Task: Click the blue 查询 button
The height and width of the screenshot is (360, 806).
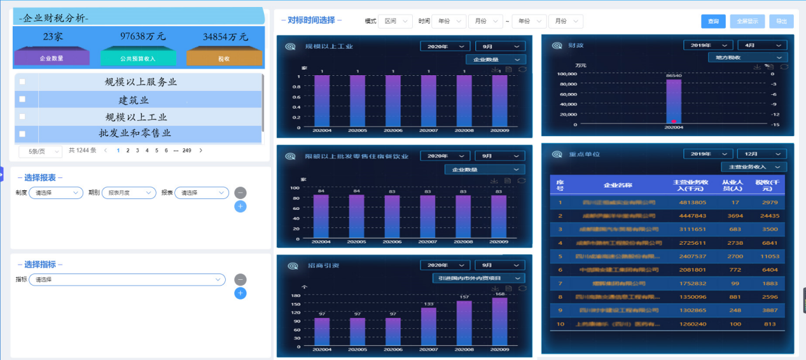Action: coord(713,21)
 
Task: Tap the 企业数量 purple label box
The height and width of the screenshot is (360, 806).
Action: coord(52,58)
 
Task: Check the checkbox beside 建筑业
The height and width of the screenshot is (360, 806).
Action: coord(22,99)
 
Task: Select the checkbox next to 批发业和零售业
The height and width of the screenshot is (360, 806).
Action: coord(22,134)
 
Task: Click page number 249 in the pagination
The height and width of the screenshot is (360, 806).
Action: coord(186,151)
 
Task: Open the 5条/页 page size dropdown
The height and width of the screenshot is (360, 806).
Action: coord(40,151)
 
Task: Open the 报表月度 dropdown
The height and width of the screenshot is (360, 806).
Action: coord(129,193)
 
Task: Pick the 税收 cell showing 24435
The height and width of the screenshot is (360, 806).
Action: coord(769,216)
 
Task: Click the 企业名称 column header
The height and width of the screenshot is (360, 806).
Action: coord(619,184)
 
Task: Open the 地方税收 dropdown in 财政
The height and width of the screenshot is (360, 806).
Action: coord(747,58)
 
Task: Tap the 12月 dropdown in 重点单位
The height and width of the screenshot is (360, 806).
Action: coord(761,154)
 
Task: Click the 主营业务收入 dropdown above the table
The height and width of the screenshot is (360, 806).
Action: coord(753,167)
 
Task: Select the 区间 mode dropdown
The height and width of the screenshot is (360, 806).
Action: coord(395,21)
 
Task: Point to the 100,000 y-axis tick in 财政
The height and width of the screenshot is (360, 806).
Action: coord(563,74)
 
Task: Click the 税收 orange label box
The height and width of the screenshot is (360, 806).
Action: coord(224,58)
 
